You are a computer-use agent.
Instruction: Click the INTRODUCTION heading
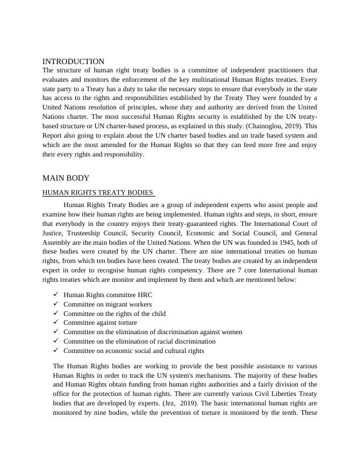tap(74, 61)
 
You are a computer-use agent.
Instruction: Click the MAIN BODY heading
tap(66, 178)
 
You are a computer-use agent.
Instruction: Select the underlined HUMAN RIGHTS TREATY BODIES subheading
tap(98, 192)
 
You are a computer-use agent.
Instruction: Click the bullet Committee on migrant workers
tap(108, 304)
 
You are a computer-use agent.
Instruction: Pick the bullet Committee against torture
tap(100, 322)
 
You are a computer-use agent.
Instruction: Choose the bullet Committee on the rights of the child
tap(115, 313)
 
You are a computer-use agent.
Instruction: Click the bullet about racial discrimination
tap(139, 341)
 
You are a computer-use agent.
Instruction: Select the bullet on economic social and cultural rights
tap(134, 351)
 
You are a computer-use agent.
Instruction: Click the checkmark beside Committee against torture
tap(55, 322)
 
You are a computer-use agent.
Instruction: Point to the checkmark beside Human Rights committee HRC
tap(55, 295)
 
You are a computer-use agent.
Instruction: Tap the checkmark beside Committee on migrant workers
tap(55, 304)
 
